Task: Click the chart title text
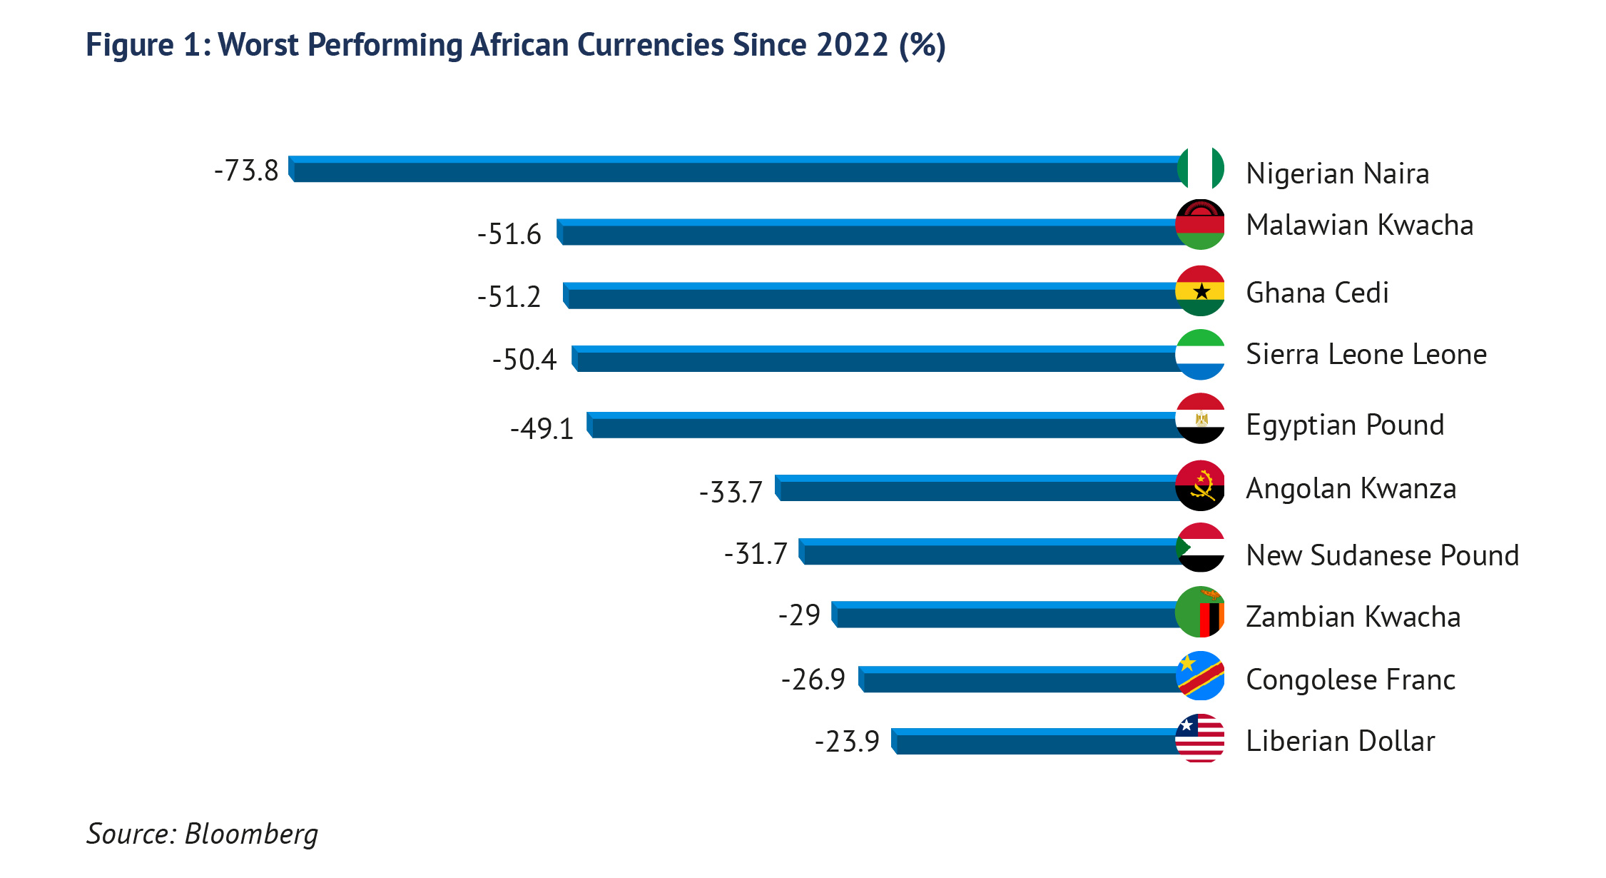click(x=515, y=45)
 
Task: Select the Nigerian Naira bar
click(x=735, y=170)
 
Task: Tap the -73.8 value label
click(x=246, y=171)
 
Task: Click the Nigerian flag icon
click(x=1201, y=168)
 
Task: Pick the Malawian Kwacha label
click(x=1359, y=225)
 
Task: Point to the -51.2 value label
click(x=509, y=296)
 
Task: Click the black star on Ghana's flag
click(x=1201, y=291)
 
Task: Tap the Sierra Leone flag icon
click(x=1200, y=354)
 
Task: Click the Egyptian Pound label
click(x=1345, y=425)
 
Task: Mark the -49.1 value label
click(x=542, y=428)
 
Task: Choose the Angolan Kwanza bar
click(x=977, y=488)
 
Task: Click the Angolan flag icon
click(x=1200, y=485)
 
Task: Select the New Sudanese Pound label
click(x=1382, y=555)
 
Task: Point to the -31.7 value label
click(x=756, y=553)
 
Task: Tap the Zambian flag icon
click(x=1200, y=612)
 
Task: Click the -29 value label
click(x=799, y=615)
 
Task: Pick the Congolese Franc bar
click(x=1019, y=680)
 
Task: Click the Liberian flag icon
click(x=1200, y=738)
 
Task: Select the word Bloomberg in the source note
click(x=251, y=834)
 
